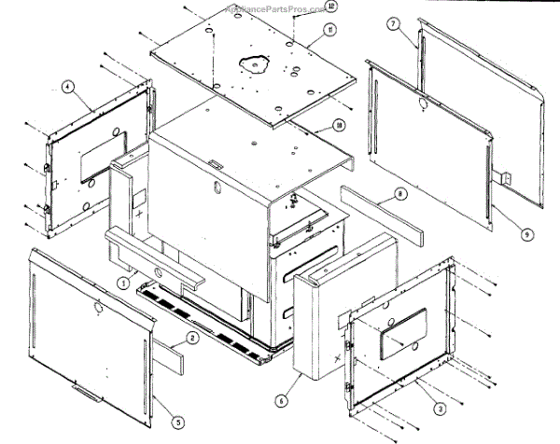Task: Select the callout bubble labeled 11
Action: tap(330, 31)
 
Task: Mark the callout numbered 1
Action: tap(122, 280)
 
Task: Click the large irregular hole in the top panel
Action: tap(254, 64)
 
